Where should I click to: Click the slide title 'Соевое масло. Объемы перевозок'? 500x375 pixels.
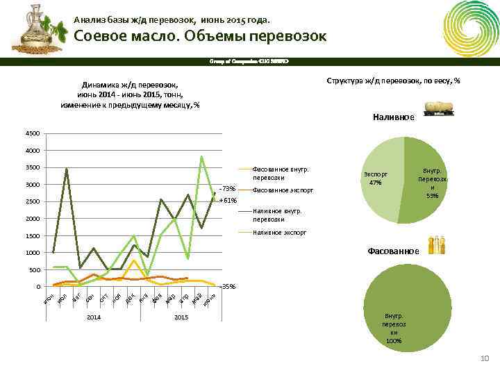(x=200, y=37)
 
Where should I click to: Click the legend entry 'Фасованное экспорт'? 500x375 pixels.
(x=283, y=190)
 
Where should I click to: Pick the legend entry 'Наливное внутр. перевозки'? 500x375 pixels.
(x=278, y=215)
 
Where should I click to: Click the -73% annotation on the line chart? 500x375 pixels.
(x=227, y=188)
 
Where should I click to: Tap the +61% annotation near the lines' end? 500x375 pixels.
(x=228, y=200)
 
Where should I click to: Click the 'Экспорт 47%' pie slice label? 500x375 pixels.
(x=376, y=178)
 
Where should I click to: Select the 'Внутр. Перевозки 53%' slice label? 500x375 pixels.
(x=432, y=183)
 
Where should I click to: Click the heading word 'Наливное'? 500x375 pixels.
(x=393, y=118)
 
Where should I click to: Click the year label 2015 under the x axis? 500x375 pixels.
(x=181, y=317)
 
